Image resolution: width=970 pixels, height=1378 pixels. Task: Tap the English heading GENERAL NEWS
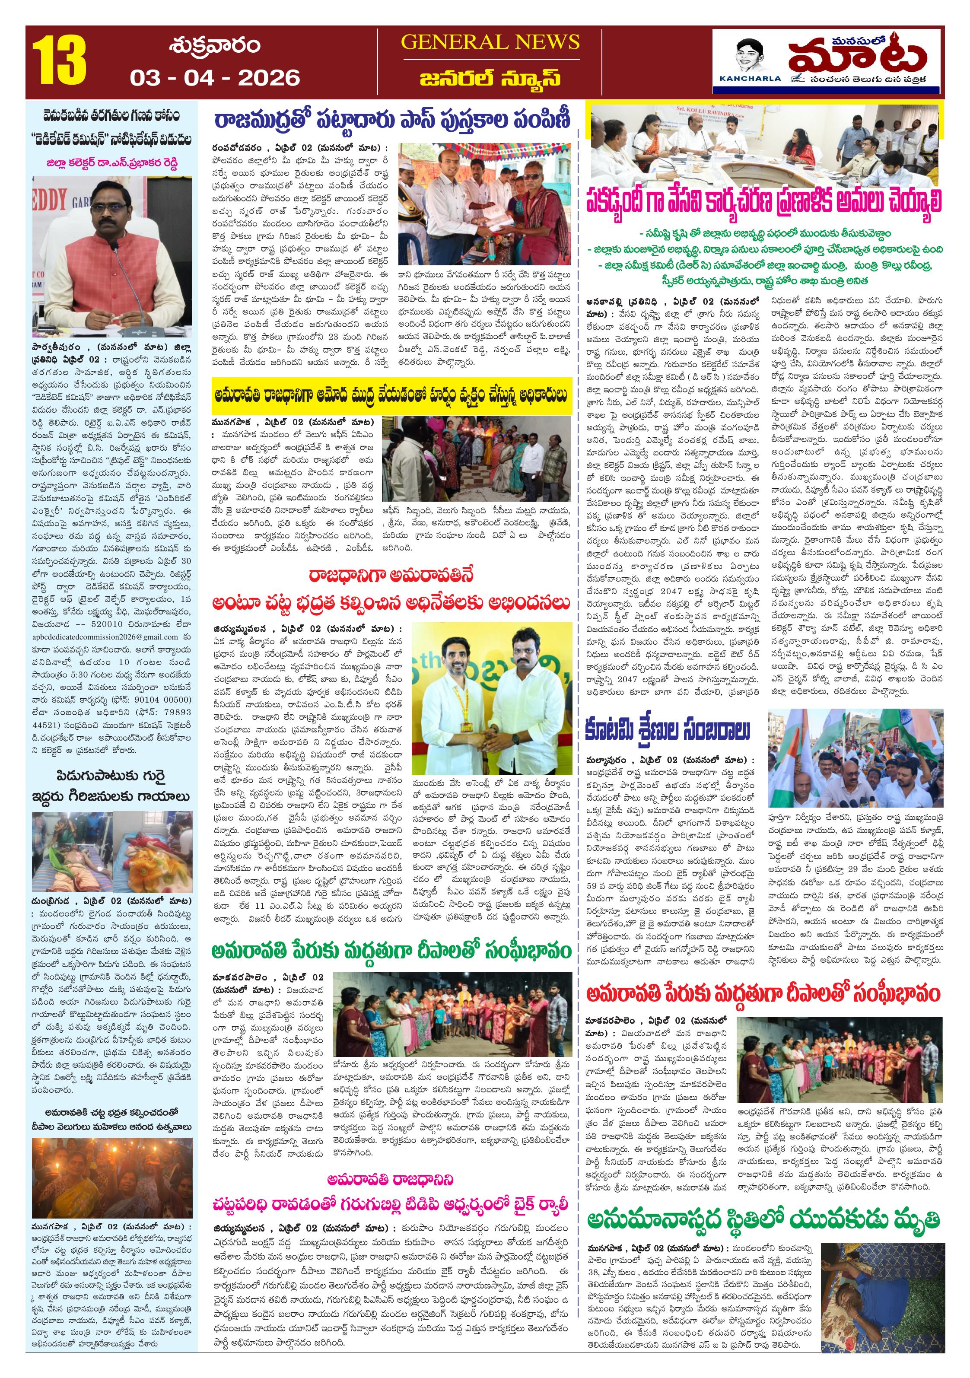(490, 42)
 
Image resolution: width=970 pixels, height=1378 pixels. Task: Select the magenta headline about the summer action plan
(763, 201)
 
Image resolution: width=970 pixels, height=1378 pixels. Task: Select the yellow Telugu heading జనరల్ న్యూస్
(490, 78)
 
